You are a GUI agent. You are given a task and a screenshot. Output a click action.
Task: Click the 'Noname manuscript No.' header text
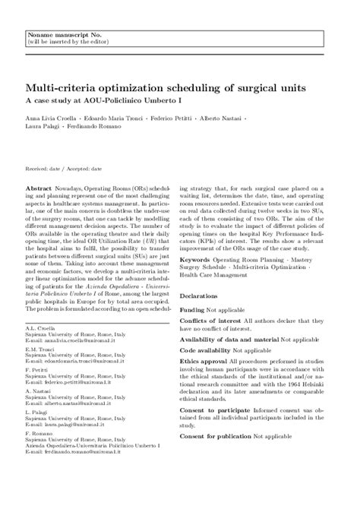pyautogui.click(x=56, y=36)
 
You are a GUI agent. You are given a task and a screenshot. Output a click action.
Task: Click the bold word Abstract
pyautogui.click(x=39, y=186)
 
